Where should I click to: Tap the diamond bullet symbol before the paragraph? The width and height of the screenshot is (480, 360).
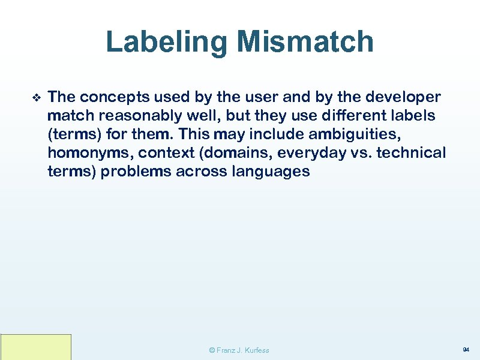35,97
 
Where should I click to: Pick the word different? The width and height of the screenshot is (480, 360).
358,116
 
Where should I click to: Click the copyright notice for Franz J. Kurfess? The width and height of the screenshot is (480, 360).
239,350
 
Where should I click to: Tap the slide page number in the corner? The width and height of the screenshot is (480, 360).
466,349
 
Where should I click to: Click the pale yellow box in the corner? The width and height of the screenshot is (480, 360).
36,347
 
